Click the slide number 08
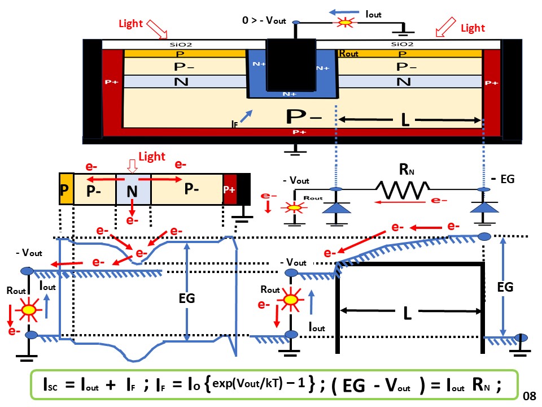[529, 395]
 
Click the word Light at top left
[130, 24]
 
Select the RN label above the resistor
[403, 168]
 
